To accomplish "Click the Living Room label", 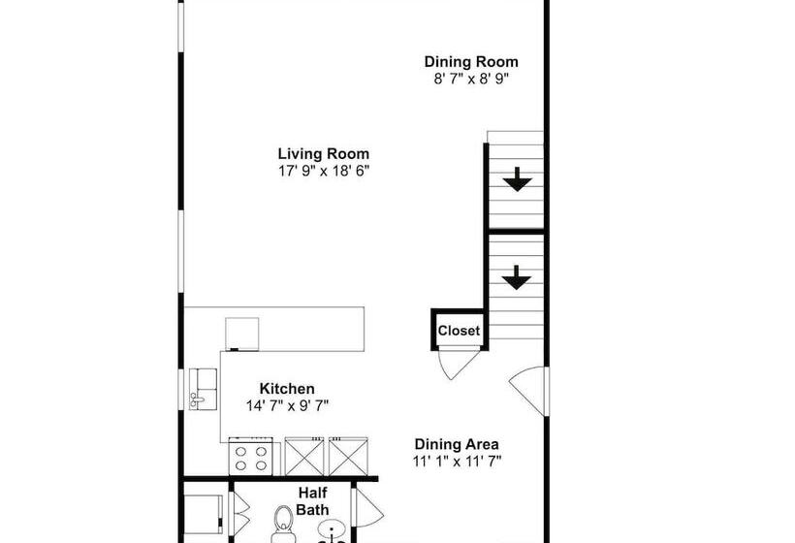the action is click(324, 153).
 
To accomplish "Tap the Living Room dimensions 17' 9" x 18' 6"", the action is click(324, 171).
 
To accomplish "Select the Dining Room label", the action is click(471, 62).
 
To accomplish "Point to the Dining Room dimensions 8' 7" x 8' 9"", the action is click(471, 80).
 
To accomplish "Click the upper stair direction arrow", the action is click(517, 179).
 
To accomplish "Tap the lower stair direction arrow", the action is click(517, 277).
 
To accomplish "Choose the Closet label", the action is click(459, 331).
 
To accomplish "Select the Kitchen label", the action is click(287, 389).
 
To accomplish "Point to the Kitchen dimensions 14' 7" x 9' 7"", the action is click(287, 406).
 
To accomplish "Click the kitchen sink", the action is click(203, 389).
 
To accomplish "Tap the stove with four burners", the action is click(250, 457).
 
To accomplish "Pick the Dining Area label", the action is click(457, 444).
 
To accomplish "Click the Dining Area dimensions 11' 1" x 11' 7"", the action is click(457, 462).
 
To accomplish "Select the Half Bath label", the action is click(312, 501).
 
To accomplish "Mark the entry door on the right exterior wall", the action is click(528, 392).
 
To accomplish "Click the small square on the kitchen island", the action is click(241, 335).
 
